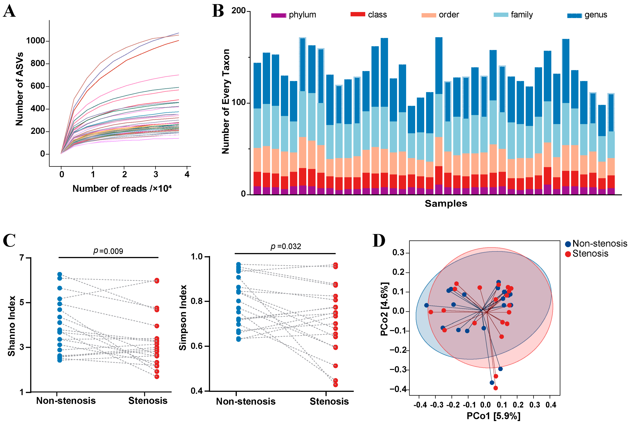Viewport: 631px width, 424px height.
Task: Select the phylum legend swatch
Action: pos(279,15)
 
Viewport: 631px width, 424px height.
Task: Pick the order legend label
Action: pos(449,15)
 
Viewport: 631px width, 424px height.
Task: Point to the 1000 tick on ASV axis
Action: pos(35,41)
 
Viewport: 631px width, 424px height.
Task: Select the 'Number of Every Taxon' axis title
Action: pos(226,101)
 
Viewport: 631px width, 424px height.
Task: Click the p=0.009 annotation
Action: pos(108,251)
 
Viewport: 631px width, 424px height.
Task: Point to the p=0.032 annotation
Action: pos(286,246)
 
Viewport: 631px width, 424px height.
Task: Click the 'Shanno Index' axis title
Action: pos(11,326)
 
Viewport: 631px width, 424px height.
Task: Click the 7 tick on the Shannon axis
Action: pos(22,258)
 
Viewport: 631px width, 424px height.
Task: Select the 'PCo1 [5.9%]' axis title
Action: pos(493,416)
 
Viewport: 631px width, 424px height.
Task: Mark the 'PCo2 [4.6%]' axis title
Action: pos(384,309)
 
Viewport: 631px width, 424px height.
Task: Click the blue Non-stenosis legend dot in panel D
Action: pos(568,244)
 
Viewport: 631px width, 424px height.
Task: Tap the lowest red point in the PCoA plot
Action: pos(496,388)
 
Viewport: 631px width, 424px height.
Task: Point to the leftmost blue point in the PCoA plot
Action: pos(426,305)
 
